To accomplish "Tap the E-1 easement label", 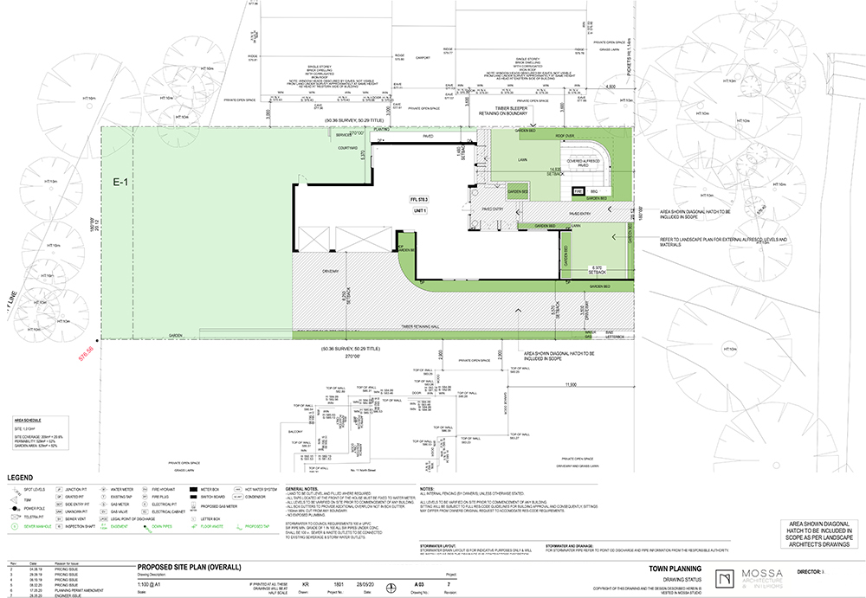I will [x=120, y=183].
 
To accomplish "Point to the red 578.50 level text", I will [x=84, y=355].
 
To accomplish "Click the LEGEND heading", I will [x=22, y=477].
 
